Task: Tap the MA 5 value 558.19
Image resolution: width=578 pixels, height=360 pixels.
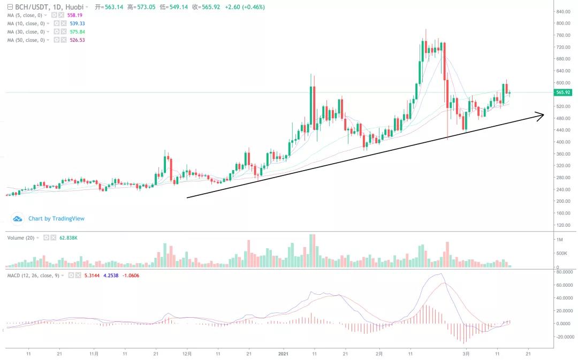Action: (74, 16)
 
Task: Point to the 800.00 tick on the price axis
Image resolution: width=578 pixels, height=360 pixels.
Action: (563, 24)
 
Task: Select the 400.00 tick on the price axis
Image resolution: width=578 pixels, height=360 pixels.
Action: (563, 142)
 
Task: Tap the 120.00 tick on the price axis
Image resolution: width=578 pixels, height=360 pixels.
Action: (563, 225)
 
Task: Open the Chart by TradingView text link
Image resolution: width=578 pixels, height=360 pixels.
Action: (56, 218)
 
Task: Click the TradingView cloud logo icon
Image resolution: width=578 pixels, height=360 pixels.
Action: (18, 218)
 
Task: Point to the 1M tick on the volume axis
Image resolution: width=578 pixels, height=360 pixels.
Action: (559, 239)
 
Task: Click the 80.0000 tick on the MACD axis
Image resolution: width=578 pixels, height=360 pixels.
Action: (565, 272)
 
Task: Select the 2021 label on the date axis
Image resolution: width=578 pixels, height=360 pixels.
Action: (284, 354)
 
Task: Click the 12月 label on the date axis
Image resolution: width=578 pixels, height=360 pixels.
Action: (187, 354)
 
